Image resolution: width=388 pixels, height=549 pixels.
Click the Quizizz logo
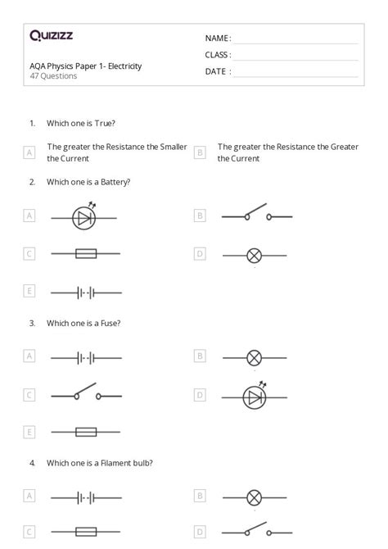pyautogui.click(x=51, y=35)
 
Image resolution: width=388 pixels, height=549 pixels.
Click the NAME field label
pyautogui.click(x=217, y=39)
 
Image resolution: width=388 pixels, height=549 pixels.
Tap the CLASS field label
pyautogui.click(x=218, y=55)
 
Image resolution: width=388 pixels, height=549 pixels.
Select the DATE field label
pyautogui.click(x=217, y=71)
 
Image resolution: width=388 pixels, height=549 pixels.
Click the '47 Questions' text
pyautogui.click(x=53, y=76)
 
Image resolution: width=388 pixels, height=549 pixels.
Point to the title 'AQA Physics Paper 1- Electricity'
pyautogui.click(x=85, y=66)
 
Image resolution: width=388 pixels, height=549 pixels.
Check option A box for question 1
pyautogui.click(x=29, y=152)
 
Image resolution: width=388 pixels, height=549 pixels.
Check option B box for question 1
pyautogui.click(x=200, y=152)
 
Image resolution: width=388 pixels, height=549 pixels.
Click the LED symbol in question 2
pyautogui.click(x=84, y=217)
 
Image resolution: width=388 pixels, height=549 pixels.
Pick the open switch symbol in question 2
pyautogui.click(x=256, y=216)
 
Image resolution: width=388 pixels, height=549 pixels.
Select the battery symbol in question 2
pyautogui.click(x=86, y=292)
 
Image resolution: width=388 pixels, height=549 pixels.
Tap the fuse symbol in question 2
pyautogui.click(x=86, y=254)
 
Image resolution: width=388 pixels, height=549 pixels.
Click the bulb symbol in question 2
pyautogui.click(x=255, y=255)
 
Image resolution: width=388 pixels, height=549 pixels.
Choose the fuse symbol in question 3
pyautogui.click(x=86, y=432)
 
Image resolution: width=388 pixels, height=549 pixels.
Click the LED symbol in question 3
pyautogui.click(x=255, y=397)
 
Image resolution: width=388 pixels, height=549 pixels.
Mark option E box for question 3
pyautogui.click(x=29, y=432)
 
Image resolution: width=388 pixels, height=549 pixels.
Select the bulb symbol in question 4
pyautogui.click(x=255, y=497)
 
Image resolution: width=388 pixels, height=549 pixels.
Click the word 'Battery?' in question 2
pyautogui.click(x=114, y=182)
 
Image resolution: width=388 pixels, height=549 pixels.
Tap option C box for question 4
pyautogui.click(x=29, y=532)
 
